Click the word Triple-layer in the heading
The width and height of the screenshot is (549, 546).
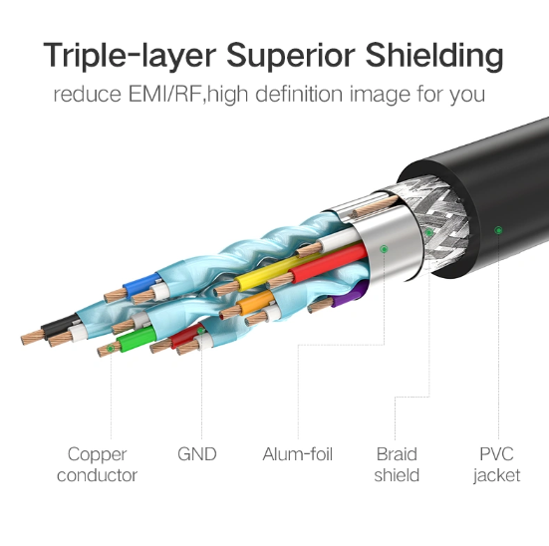coord(130,56)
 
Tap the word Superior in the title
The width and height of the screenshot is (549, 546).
coord(291,56)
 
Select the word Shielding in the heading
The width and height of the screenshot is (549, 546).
coord(434,56)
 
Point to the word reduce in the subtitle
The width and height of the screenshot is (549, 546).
coord(87,95)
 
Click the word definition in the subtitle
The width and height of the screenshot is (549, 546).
coord(299,95)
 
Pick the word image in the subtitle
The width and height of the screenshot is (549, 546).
coord(380,95)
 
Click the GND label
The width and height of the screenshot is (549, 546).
coord(196,454)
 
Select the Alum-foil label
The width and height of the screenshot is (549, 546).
coord(297,454)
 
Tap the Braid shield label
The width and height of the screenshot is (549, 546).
coord(397,464)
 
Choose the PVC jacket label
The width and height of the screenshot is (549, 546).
coord(496,465)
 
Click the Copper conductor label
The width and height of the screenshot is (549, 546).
coord(97,464)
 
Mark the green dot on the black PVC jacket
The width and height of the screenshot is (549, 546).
coord(498,230)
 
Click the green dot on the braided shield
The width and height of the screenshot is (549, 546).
coord(428,232)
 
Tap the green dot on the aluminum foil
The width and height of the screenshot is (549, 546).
coord(384,249)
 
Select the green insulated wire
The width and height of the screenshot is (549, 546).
coord(137,339)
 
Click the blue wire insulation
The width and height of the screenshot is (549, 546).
coord(141,284)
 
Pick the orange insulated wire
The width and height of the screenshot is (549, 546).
coord(256,301)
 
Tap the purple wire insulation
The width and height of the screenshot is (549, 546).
coord(349,295)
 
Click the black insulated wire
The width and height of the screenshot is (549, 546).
coord(60,326)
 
